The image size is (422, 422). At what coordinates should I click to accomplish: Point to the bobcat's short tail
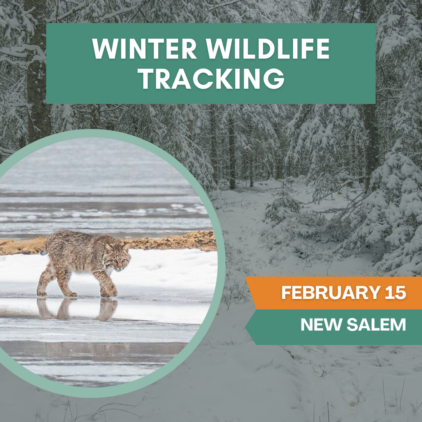(x=43, y=252)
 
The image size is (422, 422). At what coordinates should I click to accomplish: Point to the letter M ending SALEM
(x=398, y=325)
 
